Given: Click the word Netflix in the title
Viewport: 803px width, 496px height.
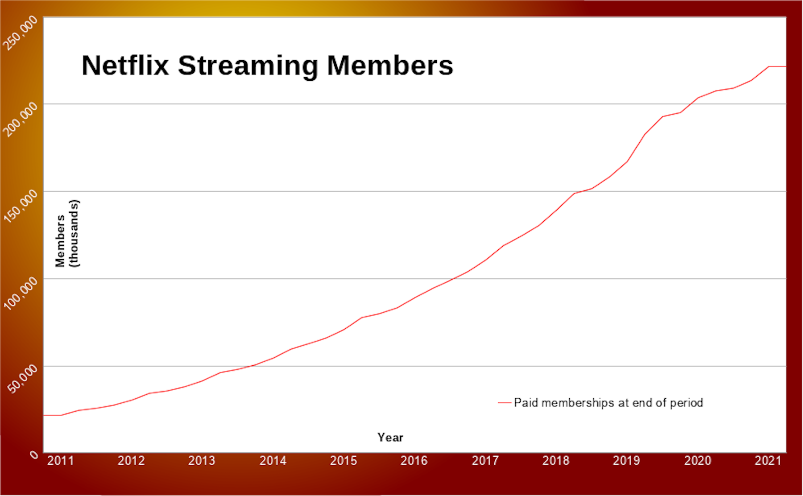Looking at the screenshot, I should (x=125, y=66).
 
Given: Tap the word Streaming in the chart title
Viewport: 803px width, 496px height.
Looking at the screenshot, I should (x=248, y=66).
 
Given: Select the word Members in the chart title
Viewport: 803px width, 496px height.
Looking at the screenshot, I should (x=390, y=66).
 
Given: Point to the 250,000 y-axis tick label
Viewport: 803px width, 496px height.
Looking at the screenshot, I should (x=20, y=33).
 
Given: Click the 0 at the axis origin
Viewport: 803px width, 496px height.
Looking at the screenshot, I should (x=34, y=455).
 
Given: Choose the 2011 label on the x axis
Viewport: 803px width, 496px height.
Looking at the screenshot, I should (x=60, y=461).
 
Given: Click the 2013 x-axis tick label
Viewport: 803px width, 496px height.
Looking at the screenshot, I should (x=202, y=461).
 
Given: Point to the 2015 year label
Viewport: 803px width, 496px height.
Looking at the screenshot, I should (x=344, y=461).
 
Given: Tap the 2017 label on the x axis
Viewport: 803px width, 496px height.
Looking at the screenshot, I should (x=485, y=461).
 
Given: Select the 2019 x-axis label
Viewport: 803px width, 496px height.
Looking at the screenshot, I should (x=626, y=461).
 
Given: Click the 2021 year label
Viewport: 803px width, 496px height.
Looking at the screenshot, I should (x=768, y=461).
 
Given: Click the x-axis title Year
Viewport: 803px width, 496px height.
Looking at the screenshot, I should (x=390, y=438).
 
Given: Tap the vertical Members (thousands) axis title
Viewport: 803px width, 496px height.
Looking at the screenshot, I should (x=67, y=233).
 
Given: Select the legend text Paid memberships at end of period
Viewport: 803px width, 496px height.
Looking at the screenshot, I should (x=608, y=403).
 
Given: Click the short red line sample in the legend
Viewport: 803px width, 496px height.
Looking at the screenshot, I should (x=505, y=403).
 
